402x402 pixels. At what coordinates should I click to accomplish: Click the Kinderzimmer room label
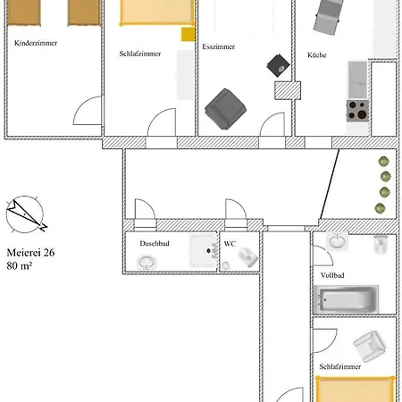tap(36, 43)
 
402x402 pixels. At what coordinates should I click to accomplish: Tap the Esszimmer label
tap(219, 46)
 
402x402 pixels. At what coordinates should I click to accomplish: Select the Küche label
tap(317, 54)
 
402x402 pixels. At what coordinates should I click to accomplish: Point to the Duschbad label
tap(155, 243)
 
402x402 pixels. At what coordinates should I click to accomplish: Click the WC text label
tap(230, 244)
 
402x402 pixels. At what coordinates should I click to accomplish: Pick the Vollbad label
tap(332, 275)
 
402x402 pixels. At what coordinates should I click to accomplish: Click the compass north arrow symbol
tap(26, 214)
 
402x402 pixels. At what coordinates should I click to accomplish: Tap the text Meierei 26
tap(30, 253)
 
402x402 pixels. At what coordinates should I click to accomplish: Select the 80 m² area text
tap(20, 265)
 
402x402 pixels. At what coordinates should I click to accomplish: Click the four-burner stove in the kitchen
tap(357, 111)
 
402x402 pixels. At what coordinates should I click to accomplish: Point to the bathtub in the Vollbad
tap(346, 299)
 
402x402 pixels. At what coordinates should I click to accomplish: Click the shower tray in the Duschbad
tap(204, 251)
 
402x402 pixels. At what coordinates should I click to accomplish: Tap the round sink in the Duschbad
tap(147, 262)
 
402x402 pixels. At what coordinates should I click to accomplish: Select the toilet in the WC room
tap(248, 256)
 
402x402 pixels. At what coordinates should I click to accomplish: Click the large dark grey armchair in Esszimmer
tap(225, 109)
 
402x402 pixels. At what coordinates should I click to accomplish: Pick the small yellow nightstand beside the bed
tap(188, 34)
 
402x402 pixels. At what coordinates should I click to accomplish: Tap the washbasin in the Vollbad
tap(338, 240)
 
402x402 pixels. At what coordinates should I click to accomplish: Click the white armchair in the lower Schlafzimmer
tap(370, 346)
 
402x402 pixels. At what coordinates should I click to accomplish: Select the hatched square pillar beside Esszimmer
tap(288, 90)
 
